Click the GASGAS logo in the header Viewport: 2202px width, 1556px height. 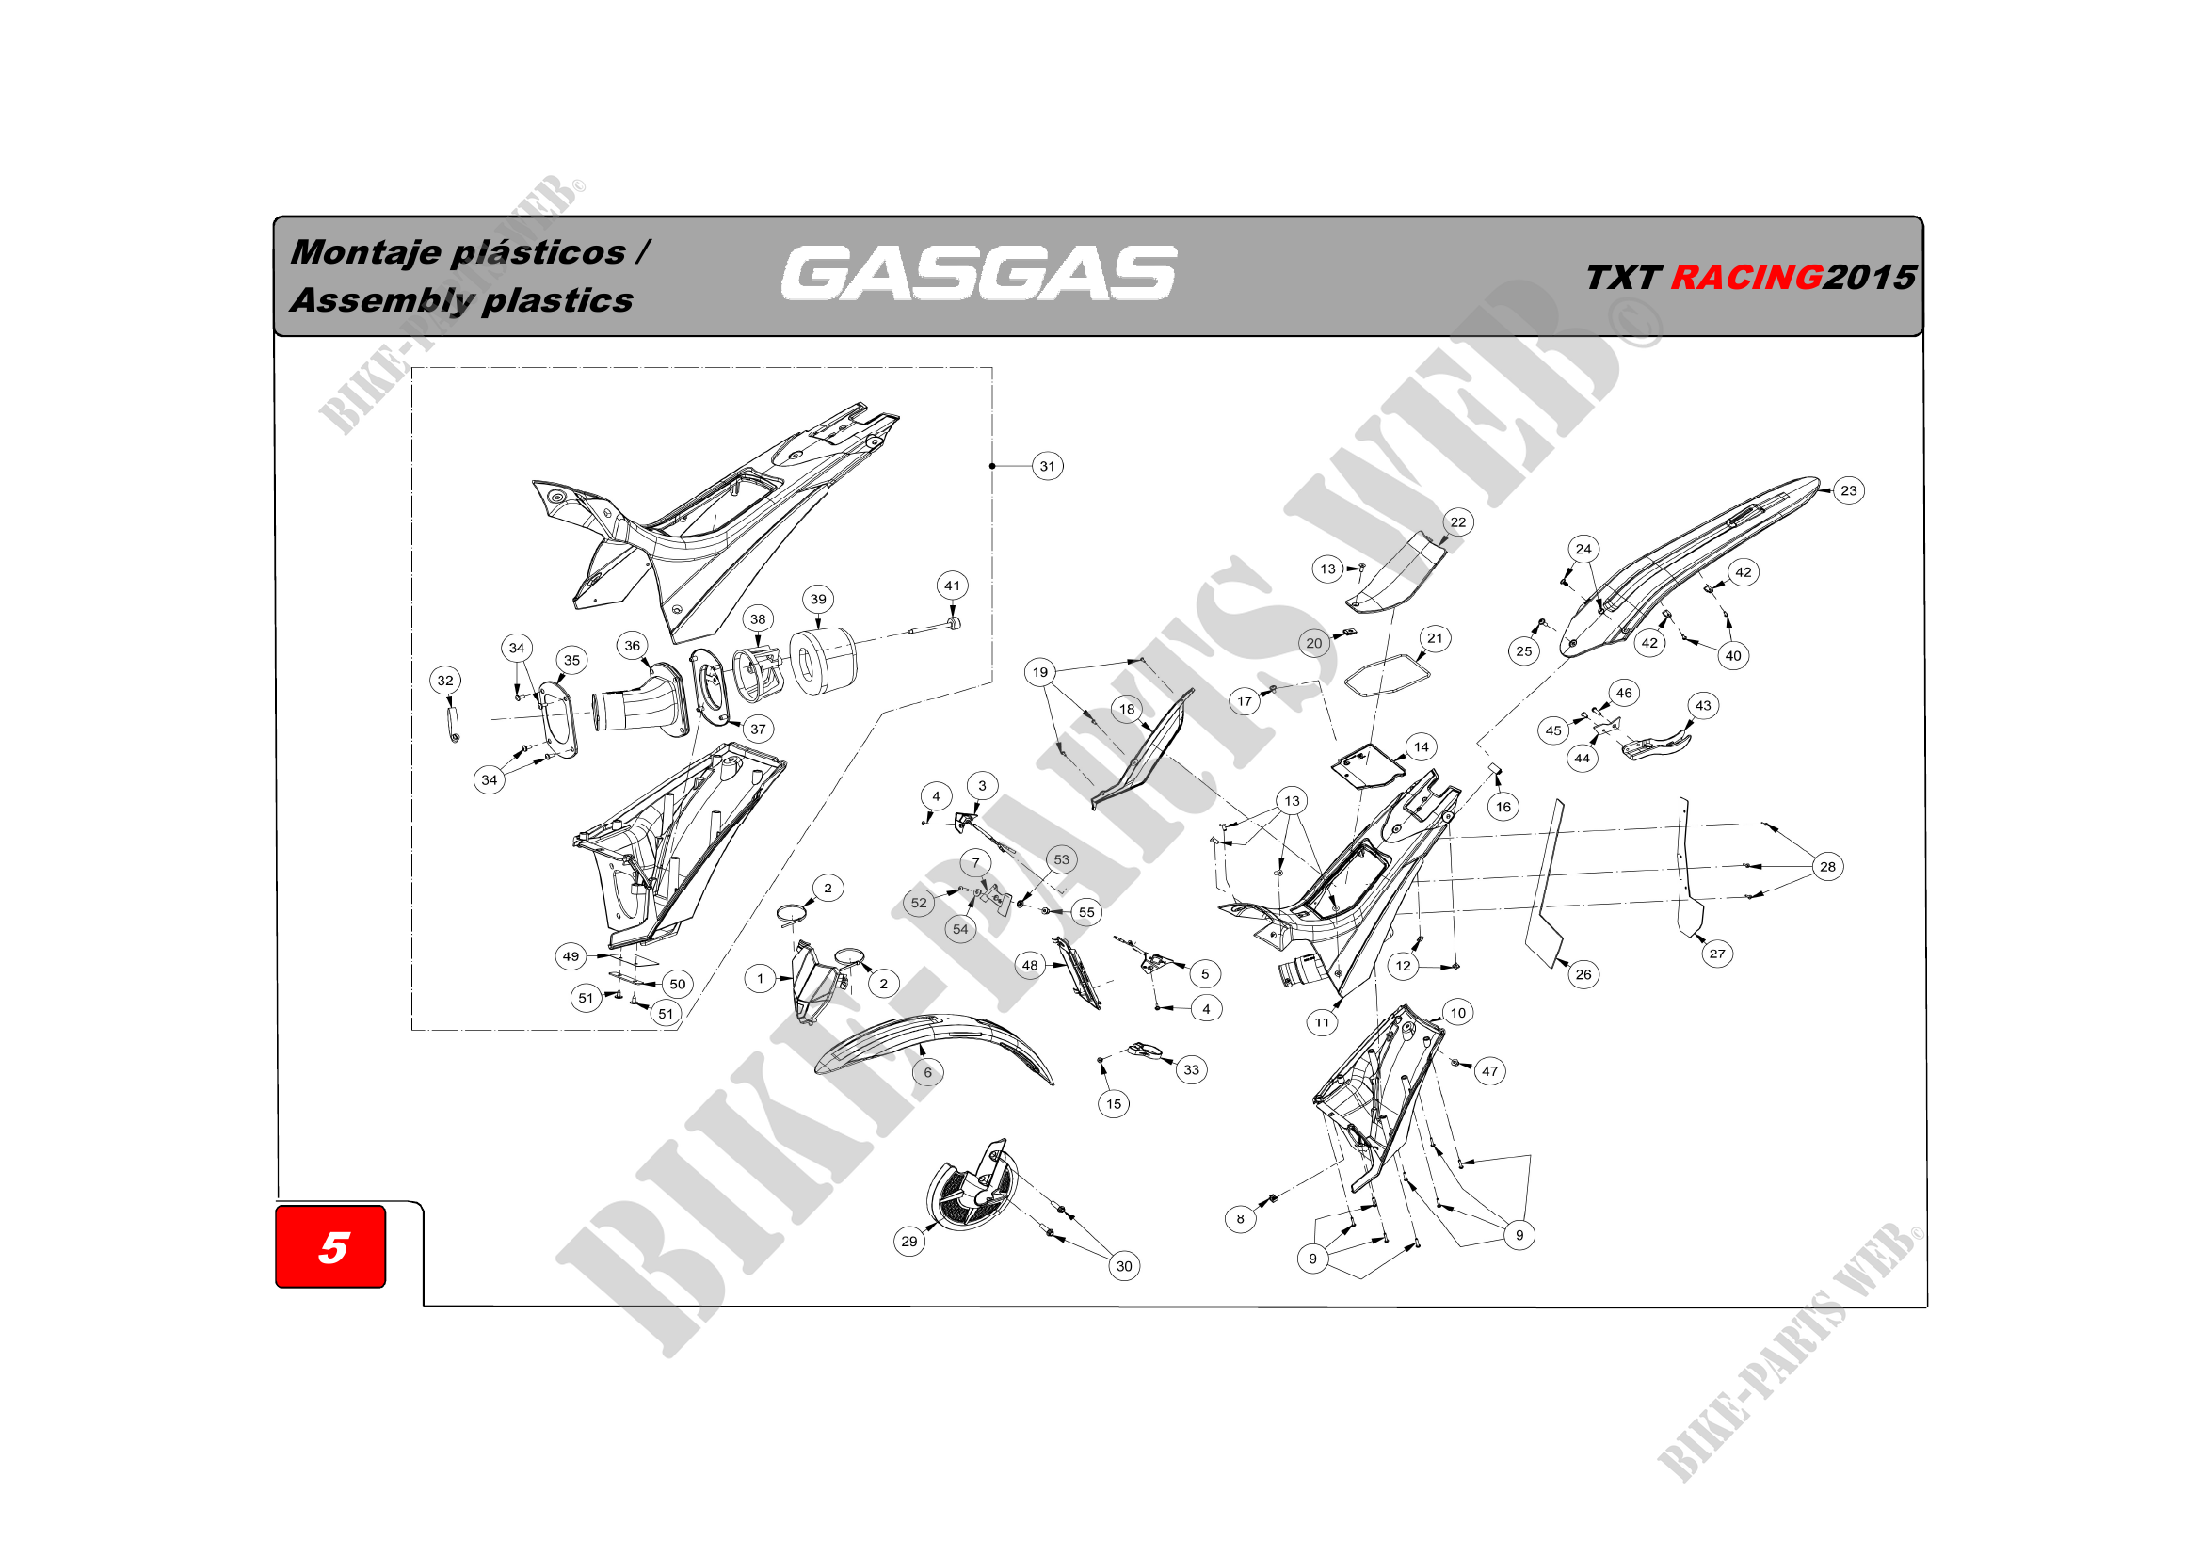978,273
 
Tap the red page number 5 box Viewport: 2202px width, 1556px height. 330,1246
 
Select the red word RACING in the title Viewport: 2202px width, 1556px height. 1745,277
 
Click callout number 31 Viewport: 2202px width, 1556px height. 1047,467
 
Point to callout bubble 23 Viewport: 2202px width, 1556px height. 1848,490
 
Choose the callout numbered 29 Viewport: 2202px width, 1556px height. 909,1242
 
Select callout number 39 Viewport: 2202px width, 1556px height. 818,600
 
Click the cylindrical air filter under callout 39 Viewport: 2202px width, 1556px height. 821,662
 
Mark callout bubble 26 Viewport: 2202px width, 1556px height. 1583,975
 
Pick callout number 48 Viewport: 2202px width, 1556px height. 1030,966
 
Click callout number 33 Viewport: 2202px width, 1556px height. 1191,1070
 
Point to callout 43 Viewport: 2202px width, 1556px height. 1703,706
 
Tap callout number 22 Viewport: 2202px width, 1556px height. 1457,522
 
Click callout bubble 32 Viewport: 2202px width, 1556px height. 445,681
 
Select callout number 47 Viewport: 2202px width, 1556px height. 1489,1072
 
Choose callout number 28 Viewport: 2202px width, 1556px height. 1828,867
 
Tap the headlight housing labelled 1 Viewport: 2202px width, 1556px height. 813,983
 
